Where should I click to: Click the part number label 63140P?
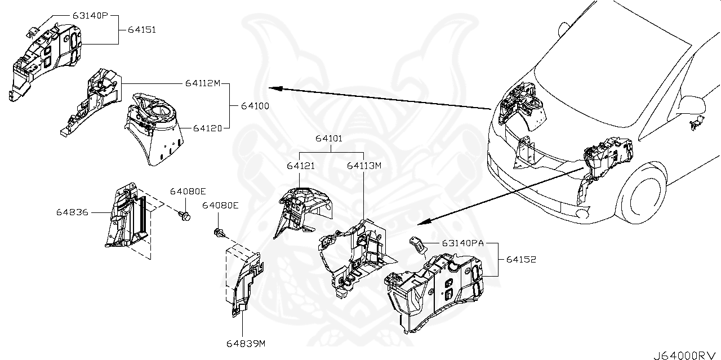[90, 16]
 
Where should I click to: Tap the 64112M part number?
[202, 83]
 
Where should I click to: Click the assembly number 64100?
[255, 105]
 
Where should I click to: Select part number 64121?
[300, 166]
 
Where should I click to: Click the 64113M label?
[364, 166]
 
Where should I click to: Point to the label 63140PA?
[463, 244]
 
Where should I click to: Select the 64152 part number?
[520, 260]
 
